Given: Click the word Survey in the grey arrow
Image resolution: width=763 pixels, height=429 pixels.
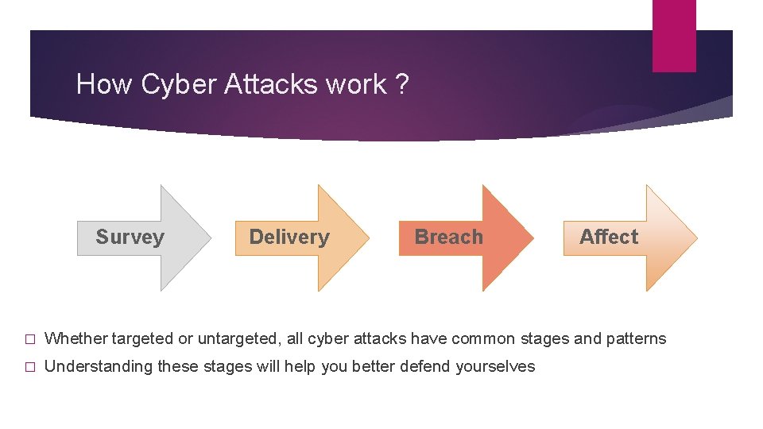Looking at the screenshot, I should (x=130, y=237).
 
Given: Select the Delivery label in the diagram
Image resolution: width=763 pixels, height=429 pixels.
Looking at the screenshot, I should (x=289, y=237).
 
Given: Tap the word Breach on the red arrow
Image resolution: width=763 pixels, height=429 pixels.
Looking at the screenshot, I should (x=448, y=237).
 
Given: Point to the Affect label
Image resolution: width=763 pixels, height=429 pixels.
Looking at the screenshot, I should (x=609, y=237).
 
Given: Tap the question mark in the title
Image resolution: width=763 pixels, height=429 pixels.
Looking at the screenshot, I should (x=401, y=84).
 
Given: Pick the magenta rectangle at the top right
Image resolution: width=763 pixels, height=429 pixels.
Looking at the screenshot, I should (x=674, y=36).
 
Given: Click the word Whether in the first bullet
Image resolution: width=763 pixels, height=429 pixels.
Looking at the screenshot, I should (x=76, y=338).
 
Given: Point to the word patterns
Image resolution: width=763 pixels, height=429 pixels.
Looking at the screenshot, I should (x=637, y=338).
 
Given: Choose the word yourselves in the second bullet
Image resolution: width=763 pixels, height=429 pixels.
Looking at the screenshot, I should (x=496, y=366).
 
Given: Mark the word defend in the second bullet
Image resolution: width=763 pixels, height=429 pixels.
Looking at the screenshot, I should (x=430, y=366).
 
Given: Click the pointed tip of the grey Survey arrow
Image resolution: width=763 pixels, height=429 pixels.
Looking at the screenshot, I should (x=211, y=238).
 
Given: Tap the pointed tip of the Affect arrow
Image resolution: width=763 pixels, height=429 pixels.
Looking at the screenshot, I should (x=696, y=238).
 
